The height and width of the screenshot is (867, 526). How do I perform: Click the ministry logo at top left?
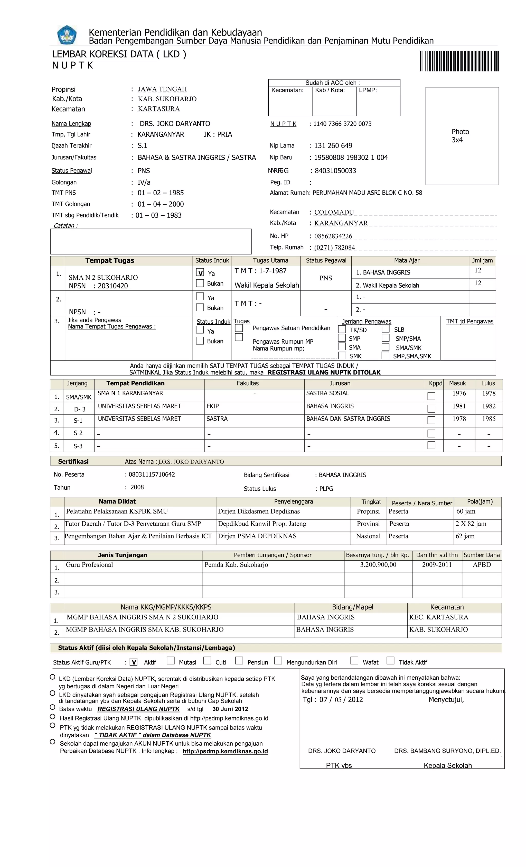67,35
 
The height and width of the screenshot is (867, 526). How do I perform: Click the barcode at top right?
459,61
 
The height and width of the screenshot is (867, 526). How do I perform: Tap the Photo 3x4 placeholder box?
462,136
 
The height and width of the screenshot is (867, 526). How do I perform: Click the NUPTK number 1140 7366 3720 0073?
342,124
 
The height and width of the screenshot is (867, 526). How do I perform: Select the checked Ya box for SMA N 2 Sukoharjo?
200,273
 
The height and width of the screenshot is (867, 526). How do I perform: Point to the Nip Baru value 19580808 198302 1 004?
351,158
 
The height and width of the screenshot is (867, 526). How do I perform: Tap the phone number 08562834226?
333,236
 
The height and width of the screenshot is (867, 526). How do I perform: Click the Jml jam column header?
482,261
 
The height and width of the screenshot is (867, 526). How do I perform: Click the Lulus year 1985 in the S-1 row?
489,419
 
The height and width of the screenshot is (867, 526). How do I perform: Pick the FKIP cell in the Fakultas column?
213,406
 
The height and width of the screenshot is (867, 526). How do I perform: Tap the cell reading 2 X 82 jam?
471,524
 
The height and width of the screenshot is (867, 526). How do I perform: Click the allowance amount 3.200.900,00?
378,565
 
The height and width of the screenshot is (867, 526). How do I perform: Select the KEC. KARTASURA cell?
438,617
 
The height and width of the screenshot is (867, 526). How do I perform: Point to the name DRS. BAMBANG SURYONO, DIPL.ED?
447,751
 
